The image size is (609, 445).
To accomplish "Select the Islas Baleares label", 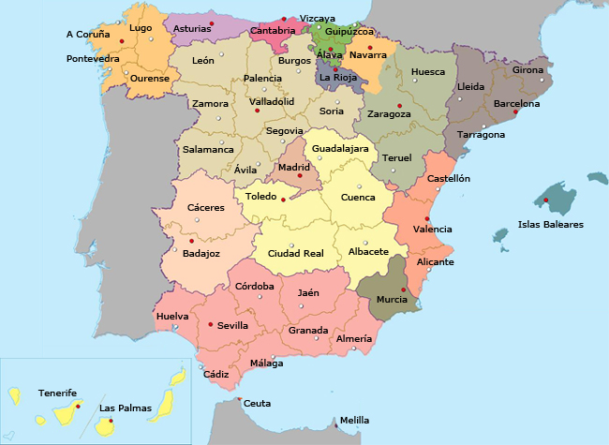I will coord(551,225).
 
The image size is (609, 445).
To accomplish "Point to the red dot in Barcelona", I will coord(515,112).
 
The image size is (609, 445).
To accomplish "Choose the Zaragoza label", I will coord(389,114).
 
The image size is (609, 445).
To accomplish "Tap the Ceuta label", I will coord(258,404).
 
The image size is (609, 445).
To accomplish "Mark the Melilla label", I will coord(354,421).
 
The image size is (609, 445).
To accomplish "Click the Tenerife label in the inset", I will coord(58,393).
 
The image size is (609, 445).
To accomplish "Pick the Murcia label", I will coord(392,300).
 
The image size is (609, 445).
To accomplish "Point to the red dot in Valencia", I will coord(427,218).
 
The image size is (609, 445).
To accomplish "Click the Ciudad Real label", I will coord(295,254).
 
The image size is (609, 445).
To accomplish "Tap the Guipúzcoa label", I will coord(350,31).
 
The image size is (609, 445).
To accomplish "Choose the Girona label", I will coord(527,70).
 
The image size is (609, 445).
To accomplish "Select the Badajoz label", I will coord(202,253).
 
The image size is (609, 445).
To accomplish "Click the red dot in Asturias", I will coord(213,22).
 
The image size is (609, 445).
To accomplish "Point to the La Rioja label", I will coord(337,77).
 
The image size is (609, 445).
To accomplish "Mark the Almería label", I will coord(353,338).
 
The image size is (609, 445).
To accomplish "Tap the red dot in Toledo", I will coord(283,200).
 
